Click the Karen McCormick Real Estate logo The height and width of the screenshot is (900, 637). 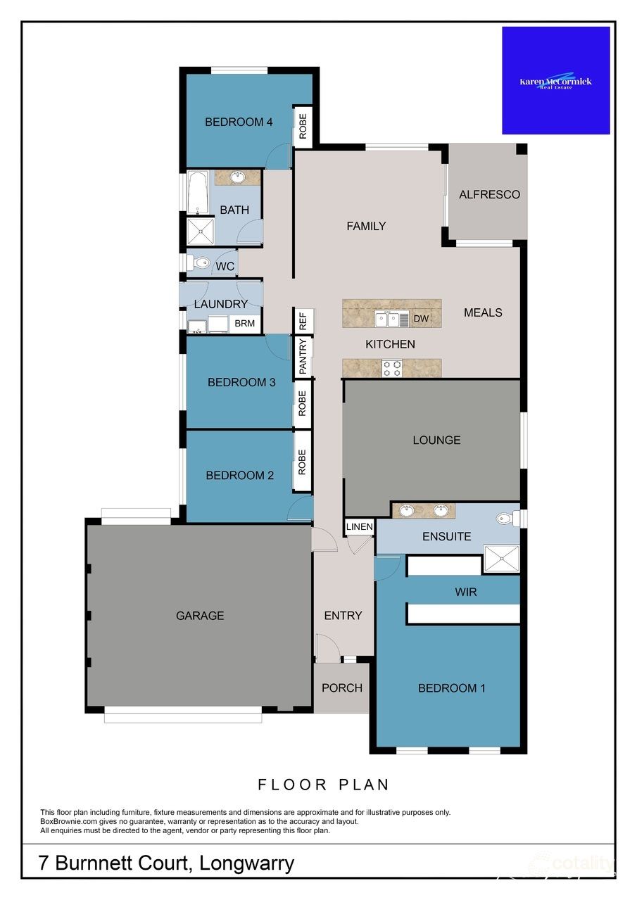[555, 81]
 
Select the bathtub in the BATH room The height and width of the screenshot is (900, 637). [198, 192]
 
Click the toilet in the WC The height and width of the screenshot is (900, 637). [201, 263]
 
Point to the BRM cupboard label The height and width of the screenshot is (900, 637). [244, 324]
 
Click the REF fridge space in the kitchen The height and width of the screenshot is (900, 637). [303, 322]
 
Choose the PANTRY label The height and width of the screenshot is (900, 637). [303, 357]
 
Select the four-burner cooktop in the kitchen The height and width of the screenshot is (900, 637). [392, 367]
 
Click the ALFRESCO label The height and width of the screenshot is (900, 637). [489, 194]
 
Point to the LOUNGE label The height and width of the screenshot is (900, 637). [436, 441]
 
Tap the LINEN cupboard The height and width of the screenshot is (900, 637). [359, 527]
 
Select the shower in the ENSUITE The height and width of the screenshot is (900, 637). [500, 559]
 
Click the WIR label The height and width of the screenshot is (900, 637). [466, 592]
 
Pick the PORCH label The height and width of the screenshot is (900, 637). [342, 687]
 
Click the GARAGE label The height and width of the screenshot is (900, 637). [200, 616]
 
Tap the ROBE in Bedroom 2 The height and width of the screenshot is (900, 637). [303, 462]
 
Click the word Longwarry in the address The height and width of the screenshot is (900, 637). [246, 863]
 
